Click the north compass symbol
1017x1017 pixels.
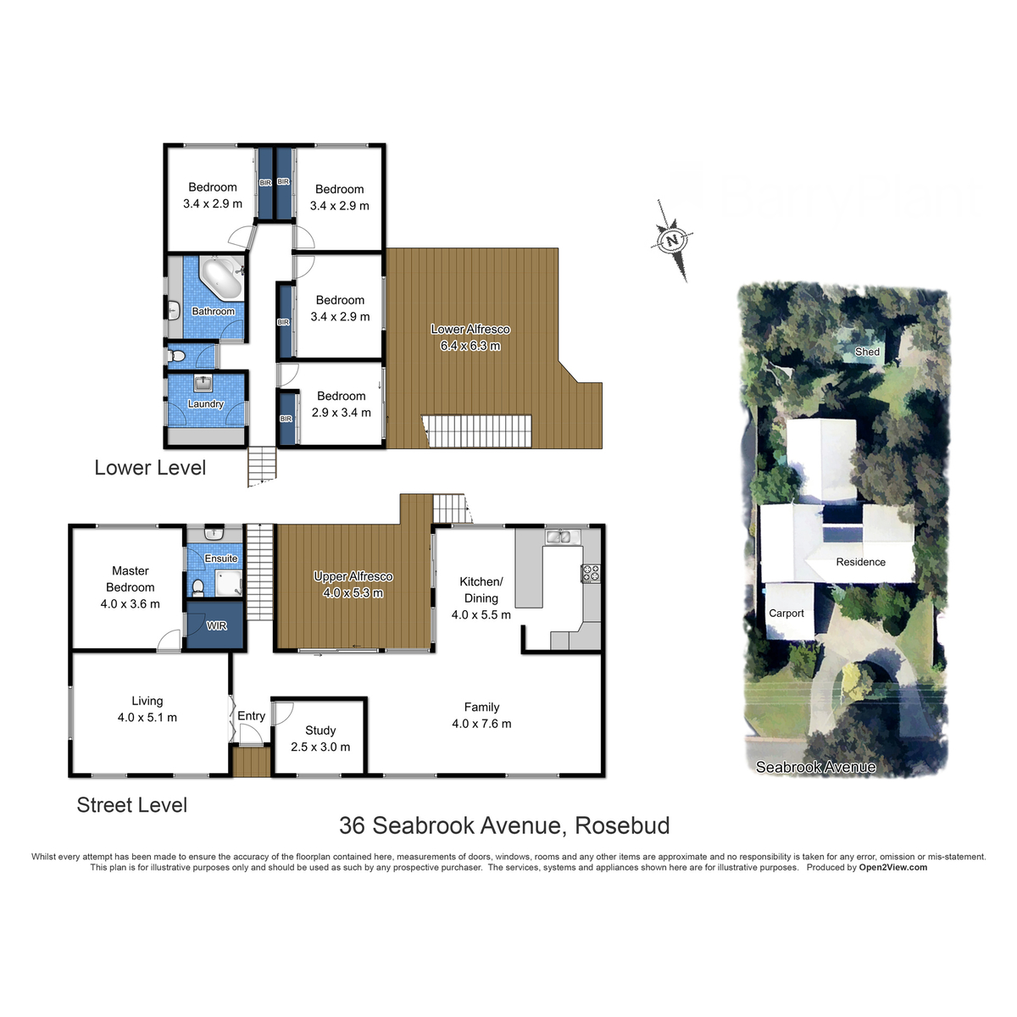tap(673, 240)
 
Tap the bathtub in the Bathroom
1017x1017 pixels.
tap(221, 278)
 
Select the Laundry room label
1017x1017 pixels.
tap(206, 404)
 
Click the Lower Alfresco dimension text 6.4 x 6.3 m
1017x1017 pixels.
tap(470, 346)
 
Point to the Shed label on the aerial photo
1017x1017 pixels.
tap(867, 352)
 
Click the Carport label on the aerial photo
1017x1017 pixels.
tap(786, 614)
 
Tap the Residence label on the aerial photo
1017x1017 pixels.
tap(860, 562)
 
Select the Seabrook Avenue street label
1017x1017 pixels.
tap(815, 767)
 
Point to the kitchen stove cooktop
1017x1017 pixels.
tap(591, 573)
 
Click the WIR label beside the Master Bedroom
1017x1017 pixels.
tap(217, 626)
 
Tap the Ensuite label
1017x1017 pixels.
tap(221, 559)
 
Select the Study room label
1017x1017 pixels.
tap(320, 731)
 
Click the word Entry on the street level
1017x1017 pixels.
tap(252, 716)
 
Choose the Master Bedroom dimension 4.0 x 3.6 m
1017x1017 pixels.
tap(130, 604)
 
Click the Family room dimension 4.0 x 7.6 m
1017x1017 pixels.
tap(481, 724)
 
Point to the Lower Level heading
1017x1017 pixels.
tap(150, 468)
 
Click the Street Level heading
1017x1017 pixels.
tap(131, 805)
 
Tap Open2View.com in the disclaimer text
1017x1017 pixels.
tap(892, 867)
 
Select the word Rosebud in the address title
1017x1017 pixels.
tap(622, 825)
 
